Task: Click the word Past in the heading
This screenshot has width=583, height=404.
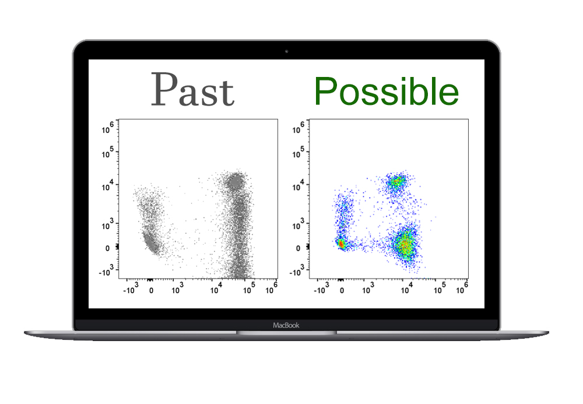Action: pyautogui.click(x=192, y=89)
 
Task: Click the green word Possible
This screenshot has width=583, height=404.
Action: pyautogui.click(x=387, y=92)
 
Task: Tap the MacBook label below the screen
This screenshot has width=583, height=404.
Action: pyautogui.click(x=286, y=325)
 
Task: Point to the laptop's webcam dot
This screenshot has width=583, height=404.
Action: pyautogui.click(x=286, y=51)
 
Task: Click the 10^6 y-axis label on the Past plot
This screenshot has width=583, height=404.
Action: pyautogui.click(x=107, y=128)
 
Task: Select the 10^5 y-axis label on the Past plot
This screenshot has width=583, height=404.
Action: pyautogui.click(x=107, y=152)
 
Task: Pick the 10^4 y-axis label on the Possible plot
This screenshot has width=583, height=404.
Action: pyautogui.click(x=298, y=185)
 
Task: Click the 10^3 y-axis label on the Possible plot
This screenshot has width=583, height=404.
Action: pyautogui.click(x=298, y=224)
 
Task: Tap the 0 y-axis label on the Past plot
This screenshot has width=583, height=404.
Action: pyautogui.click(x=107, y=248)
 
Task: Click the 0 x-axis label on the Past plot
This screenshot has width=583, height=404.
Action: pyautogui.click(x=151, y=290)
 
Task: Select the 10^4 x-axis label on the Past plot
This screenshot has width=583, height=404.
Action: pyautogui.click(x=216, y=288)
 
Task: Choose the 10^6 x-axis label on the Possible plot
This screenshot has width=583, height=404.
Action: pyautogui.click(x=462, y=288)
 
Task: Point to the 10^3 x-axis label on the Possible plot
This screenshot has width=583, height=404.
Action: pyautogui.click(x=368, y=288)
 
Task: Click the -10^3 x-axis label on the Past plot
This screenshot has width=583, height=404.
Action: pyautogui.click(x=131, y=288)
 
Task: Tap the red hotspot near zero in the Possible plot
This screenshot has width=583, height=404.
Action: pyautogui.click(x=340, y=244)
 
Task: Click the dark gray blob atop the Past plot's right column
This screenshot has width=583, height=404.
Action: pyautogui.click(x=235, y=182)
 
